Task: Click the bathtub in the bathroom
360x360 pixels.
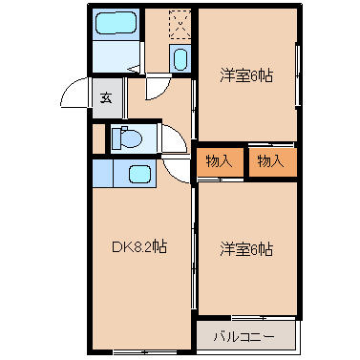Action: coord(116,23)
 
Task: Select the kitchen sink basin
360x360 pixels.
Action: coord(139,174)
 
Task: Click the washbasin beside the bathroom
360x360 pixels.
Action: coord(180,59)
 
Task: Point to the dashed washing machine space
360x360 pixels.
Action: coord(180,24)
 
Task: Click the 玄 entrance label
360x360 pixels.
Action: coord(106,97)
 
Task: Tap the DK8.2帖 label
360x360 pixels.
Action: coord(139,247)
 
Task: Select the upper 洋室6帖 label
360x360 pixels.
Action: coord(246,76)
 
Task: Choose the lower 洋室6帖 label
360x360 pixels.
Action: coord(246,249)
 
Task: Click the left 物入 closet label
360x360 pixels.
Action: coord(220,161)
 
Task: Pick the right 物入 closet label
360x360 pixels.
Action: coord(271,161)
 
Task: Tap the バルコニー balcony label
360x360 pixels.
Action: coord(244,336)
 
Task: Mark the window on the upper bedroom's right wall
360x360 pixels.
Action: coord(298,75)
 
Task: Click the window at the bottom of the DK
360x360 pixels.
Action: coord(145,352)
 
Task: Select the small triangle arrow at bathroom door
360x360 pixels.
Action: coord(136,69)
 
